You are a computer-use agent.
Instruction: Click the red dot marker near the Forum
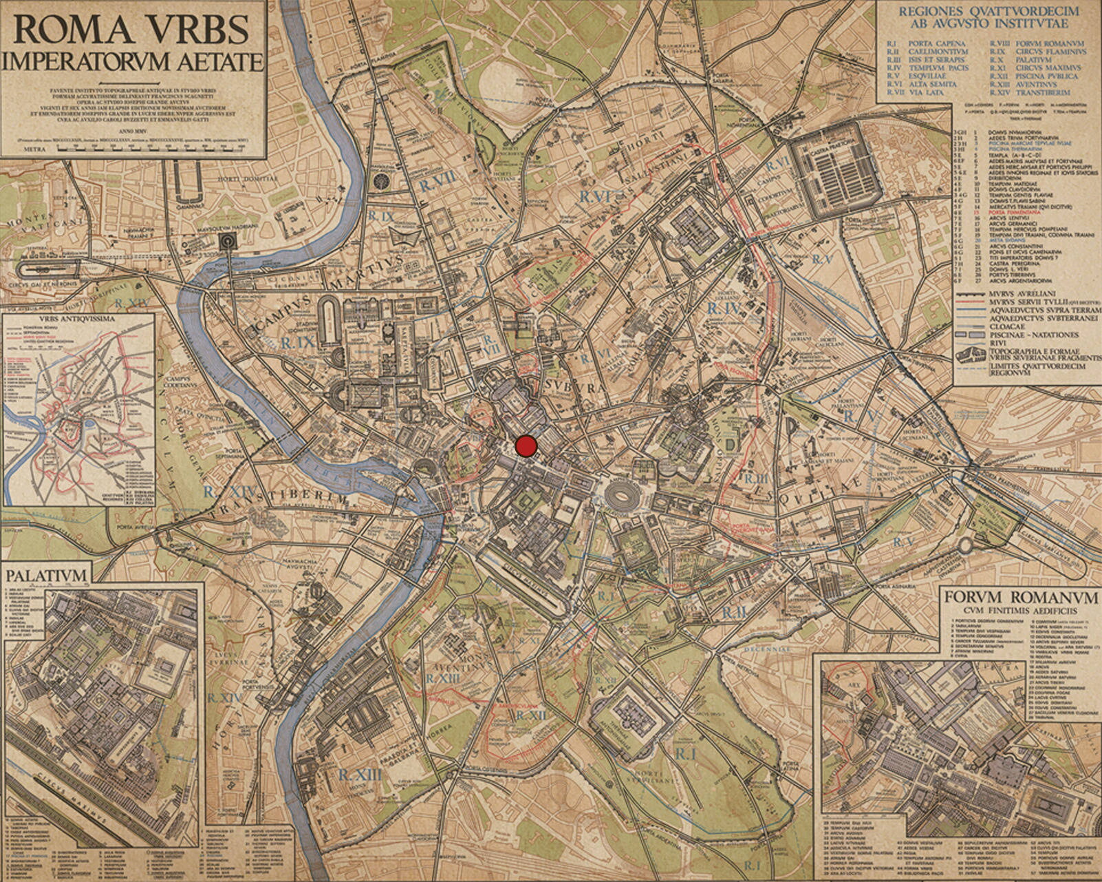click(x=526, y=446)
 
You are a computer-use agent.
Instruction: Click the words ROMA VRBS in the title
click(x=131, y=30)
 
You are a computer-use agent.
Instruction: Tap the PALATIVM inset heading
click(x=47, y=575)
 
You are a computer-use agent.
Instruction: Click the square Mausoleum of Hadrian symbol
click(x=225, y=240)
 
